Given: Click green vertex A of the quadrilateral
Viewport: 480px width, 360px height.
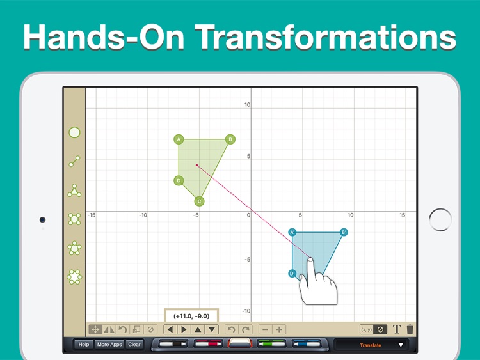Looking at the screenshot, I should coord(179,139).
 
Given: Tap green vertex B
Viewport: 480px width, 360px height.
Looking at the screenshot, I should coord(230,139).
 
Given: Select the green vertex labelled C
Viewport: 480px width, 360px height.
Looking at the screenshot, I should coord(199,201).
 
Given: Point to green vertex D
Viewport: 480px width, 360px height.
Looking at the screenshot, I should coord(179,180).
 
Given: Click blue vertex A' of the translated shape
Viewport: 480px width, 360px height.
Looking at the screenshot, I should coord(292,232).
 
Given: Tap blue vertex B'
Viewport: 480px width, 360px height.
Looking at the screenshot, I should coord(344,232).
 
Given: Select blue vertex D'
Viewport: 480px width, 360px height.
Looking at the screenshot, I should coord(292,274).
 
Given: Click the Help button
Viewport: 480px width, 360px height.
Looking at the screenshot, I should coord(84,345).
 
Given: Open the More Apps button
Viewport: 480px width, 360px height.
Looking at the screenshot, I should coord(109,345).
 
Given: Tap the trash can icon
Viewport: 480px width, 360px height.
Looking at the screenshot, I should coord(410,329).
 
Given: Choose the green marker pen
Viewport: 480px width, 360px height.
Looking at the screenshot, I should coord(271,345).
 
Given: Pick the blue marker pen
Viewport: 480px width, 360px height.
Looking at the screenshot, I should coord(306,345).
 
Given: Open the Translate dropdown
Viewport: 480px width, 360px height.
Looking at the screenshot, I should coord(374,345).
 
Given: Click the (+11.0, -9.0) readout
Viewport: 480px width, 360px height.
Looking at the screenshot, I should coord(191,315).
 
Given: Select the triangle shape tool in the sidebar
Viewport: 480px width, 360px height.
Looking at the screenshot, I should coord(75,191).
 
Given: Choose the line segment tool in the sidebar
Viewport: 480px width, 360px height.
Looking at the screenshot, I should coord(75,162).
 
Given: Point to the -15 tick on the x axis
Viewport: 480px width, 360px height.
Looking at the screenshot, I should coord(92,215).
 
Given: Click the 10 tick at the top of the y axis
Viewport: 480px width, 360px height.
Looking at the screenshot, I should coord(247,104).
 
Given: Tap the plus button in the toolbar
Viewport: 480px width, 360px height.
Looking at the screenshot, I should coord(279,329).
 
